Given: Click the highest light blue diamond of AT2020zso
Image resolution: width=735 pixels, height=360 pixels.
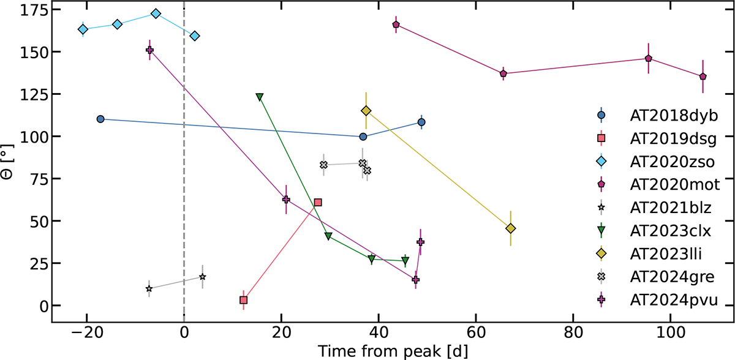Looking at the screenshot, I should [156, 13].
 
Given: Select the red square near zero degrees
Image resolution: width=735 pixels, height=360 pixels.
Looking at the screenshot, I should [243, 300].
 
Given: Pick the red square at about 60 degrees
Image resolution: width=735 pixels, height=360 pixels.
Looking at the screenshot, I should [317, 202].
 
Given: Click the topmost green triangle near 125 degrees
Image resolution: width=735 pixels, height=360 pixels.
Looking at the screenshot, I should [259, 97].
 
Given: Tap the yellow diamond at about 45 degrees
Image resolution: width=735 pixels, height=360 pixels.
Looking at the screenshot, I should [511, 228].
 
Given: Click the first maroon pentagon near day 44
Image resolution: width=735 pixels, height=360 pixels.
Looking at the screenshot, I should [396, 24].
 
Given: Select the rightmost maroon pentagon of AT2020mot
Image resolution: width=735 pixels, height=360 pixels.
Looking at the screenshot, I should [703, 77].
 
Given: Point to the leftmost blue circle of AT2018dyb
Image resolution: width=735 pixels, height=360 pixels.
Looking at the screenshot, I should [100, 119].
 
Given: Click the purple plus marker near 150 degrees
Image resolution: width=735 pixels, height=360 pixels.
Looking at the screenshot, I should [149, 50].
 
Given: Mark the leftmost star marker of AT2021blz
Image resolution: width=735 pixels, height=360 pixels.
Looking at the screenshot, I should [149, 288].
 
